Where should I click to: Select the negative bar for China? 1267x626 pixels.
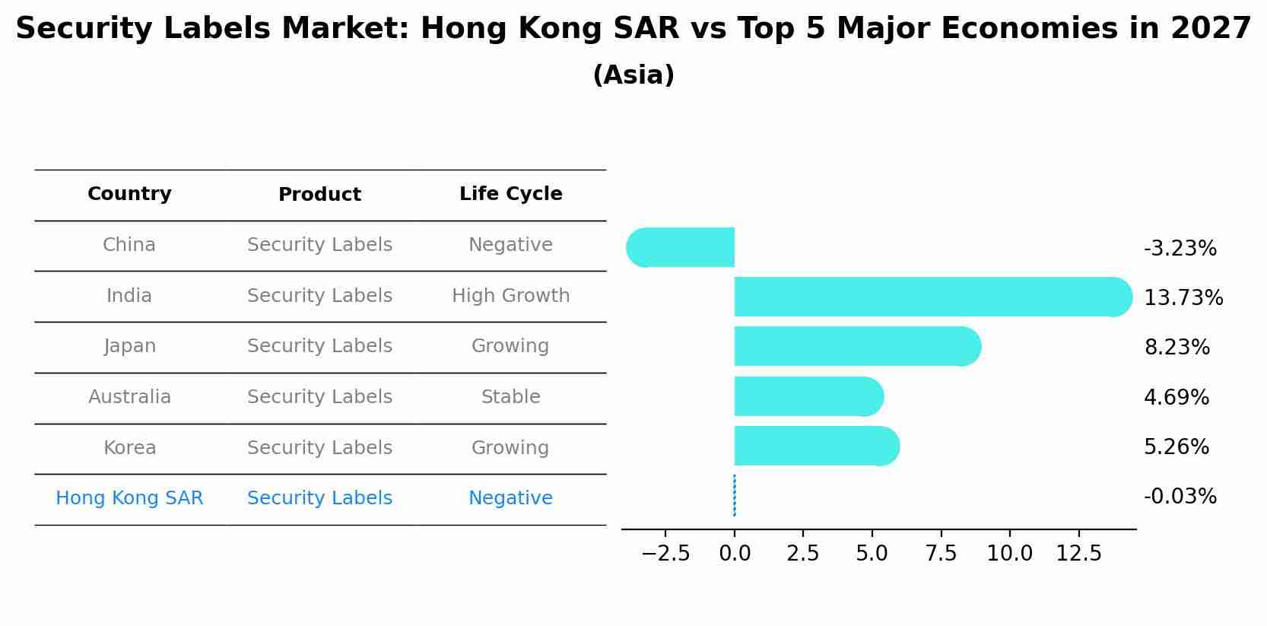[x=681, y=247]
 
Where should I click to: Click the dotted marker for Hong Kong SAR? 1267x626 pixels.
[x=734, y=495]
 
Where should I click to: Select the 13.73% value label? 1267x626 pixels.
[x=1183, y=297]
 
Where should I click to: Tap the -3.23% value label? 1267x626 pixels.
[x=1180, y=249]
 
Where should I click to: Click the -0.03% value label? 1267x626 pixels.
[x=1180, y=497]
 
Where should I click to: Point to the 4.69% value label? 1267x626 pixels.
[x=1176, y=397]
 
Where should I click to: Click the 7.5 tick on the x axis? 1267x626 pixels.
[x=941, y=553]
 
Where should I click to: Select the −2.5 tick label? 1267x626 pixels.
[x=665, y=553]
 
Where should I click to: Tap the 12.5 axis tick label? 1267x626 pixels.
[x=1078, y=553]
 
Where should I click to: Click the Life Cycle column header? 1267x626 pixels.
[x=510, y=194]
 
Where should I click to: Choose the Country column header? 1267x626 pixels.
[x=129, y=194]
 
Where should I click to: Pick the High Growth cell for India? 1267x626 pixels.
[x=510, y=296]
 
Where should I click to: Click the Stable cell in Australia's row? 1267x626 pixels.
[x=510, y=397]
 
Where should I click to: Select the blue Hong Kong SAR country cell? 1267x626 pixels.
[x=129, y=498]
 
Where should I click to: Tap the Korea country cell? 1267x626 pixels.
[x=129, y=448]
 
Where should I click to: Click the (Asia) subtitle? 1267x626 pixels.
[x=633, y=75]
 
